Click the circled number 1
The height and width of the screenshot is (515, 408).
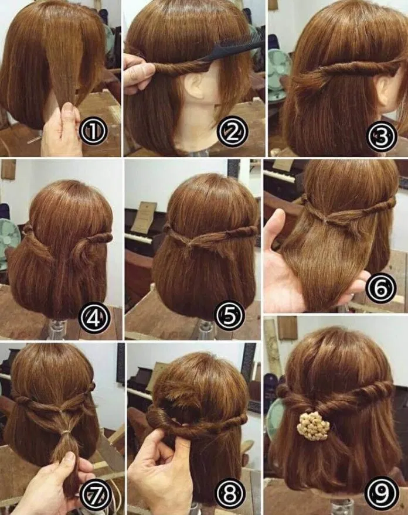coord(93,131)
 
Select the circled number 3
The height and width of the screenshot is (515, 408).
coord(382,137)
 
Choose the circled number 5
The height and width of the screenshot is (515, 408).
coord(229,316)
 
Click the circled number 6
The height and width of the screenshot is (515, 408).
coord(381,288)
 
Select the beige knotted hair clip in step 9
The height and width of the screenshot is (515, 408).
coord(313,426)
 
